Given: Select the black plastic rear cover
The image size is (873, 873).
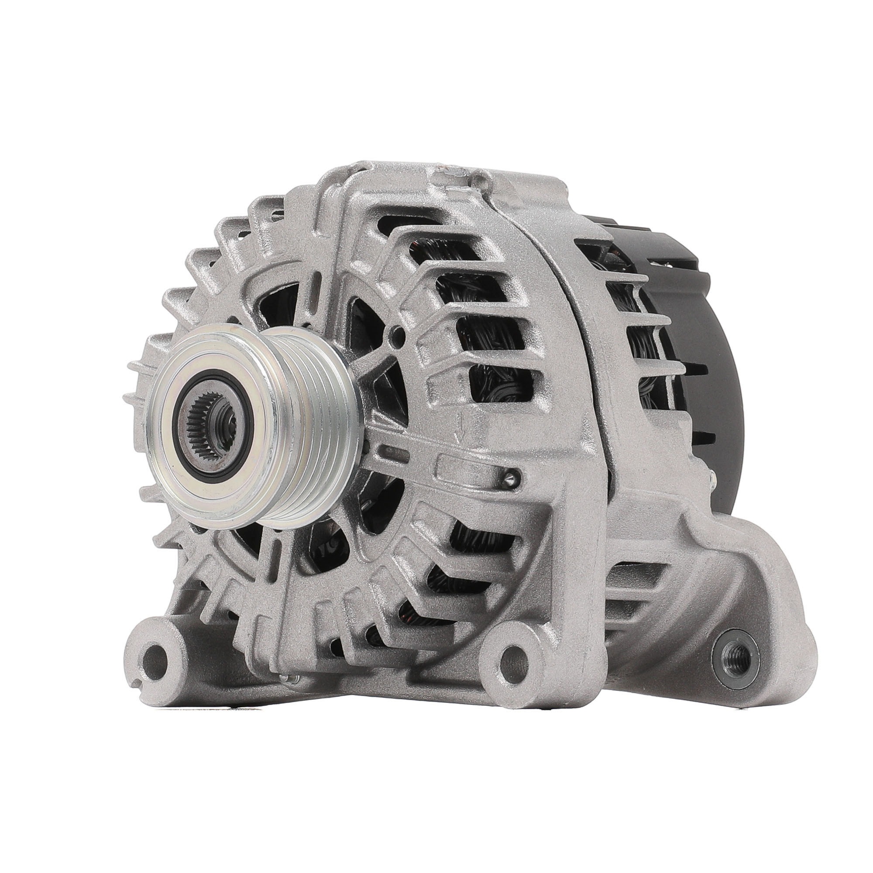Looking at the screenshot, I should [x=718, y=361].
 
